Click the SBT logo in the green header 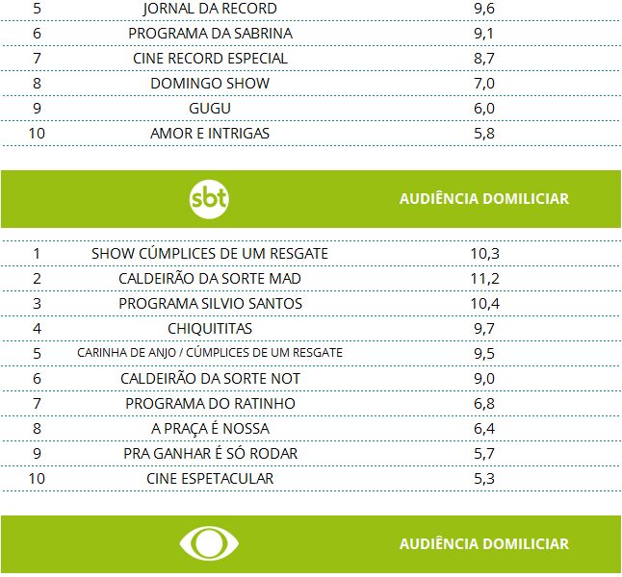pos(210,199)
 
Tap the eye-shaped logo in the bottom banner pos(208,544)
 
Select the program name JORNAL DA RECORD pos(209,9)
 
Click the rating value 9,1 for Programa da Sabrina pos(484,34)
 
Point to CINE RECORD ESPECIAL pos(210,59)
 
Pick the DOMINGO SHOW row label pos(210,84)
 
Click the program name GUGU pos(210,109)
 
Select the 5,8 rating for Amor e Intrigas pos(484,134)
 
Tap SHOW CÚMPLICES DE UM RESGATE pos(210,254)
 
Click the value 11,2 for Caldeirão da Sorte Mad pos(484,279)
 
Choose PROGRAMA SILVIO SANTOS pos(210,304)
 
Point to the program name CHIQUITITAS pos(210,329)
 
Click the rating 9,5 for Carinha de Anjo pos(484,354)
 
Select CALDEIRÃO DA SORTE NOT pos(210,379)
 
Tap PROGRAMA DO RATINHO pos(210,404)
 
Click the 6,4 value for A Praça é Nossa pos(484,429)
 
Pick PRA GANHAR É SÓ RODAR pos(210,454)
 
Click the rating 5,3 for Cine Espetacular pos(484,479)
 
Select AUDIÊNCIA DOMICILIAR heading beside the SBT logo pos(483,199)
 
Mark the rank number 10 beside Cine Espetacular pos(37,479)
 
